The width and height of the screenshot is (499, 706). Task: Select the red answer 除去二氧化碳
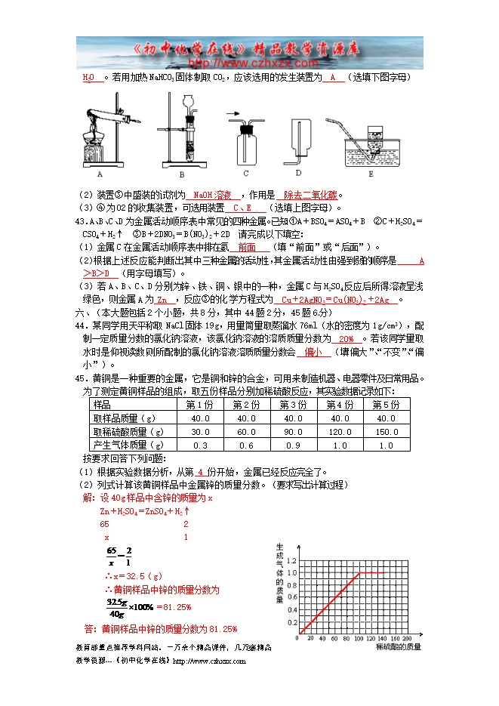[310, 195]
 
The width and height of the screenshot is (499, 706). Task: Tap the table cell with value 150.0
[386, 432]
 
